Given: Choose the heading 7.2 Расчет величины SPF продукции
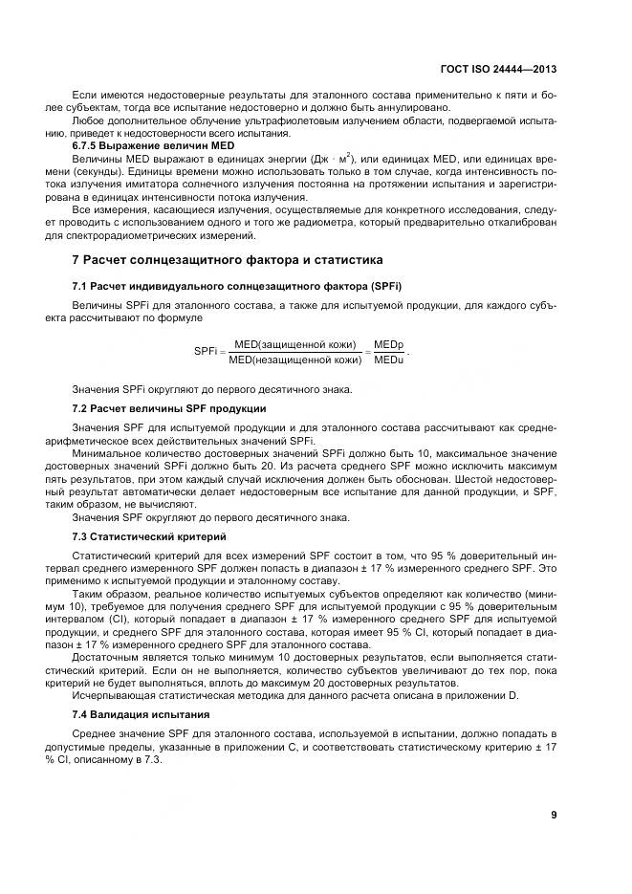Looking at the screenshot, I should coord(169,408).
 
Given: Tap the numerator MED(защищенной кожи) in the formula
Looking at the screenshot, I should coord(295,344).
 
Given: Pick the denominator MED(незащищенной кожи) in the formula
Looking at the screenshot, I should coord(295,360).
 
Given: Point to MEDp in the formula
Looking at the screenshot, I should coord(388,344).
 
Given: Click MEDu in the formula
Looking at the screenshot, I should coord(388,360).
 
